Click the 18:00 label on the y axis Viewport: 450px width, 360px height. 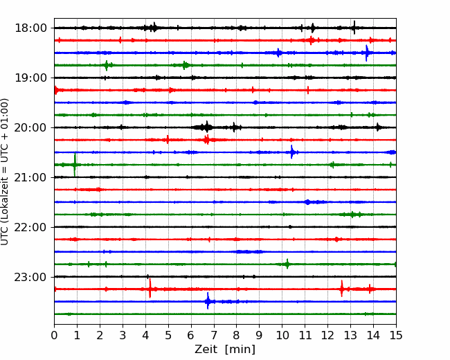click(x=30, y=28)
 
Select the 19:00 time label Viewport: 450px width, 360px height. click(x=30, y=78)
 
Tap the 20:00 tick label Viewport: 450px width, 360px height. click(x=30, y=127)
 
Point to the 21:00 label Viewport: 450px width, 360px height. click(x=30, y=177)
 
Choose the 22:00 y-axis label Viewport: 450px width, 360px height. click(x=30, y=227)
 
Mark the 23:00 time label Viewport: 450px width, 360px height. click(x=30, y=277)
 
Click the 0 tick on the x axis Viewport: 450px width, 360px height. click(x=54, y=335)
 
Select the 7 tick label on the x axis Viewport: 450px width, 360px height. click(x=214, y=335)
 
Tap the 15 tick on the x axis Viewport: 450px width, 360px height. click(x=396, y=335)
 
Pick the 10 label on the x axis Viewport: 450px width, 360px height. click(x=282, y=335)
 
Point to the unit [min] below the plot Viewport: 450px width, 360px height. click(x=240, y=350)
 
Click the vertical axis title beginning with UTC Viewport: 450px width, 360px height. click(x=5, y=172)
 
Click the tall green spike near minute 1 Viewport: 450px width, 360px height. click(x=75, y=165)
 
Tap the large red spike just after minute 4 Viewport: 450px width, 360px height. click(x=150, y=288)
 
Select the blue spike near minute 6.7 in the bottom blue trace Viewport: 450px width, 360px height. click(x=208, y=301)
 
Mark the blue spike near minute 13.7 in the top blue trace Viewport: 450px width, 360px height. click(x=366, y=53)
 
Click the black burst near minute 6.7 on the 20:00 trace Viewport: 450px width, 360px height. click(x=206, y=127)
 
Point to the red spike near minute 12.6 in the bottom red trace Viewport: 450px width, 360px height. click(x=341, y=289)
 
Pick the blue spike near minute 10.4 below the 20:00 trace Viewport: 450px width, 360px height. click(x=292, y=152)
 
